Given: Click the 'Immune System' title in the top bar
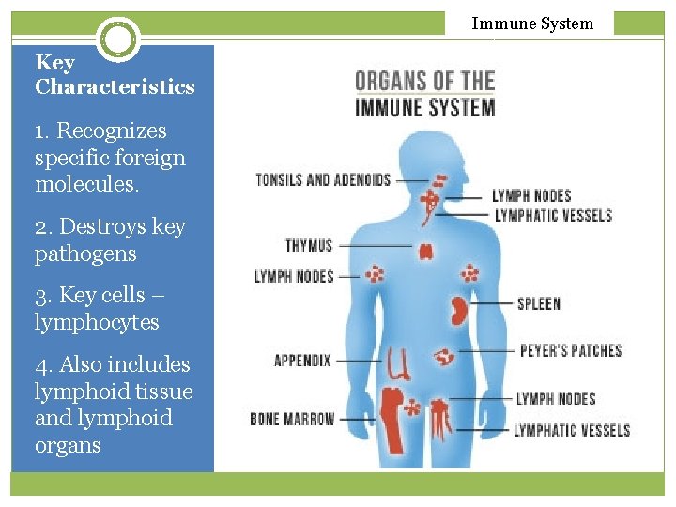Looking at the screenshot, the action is (x=532, y=23).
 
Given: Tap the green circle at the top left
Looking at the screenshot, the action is (x=118, y=39).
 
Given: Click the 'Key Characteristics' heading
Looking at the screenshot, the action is (x=115, y=75).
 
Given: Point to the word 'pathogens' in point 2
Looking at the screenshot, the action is (x=85, y=254).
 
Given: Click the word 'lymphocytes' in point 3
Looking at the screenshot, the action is (x=97, y=323).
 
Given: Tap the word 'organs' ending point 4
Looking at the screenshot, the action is (x=68, y=446).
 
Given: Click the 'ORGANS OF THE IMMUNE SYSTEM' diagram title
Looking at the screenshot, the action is (x=425, y=93).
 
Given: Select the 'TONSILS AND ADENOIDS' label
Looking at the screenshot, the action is (x=323, y=179).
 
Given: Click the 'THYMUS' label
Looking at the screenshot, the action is (x=309, y=246).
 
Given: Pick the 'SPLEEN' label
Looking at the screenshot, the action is (x=539, y=303).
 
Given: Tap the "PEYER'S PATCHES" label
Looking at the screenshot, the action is (x=571, y=351).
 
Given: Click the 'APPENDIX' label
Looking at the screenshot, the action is (x=302, y=360).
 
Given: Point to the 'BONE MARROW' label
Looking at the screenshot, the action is (x=292, y=419).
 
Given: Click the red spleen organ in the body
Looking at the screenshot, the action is (x=459, y=310).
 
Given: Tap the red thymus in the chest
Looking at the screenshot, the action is (x=425, y=251).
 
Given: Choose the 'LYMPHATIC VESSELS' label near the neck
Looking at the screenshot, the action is (x=553, y=215).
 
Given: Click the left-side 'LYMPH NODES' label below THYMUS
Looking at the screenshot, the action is (x=294, y=276).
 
